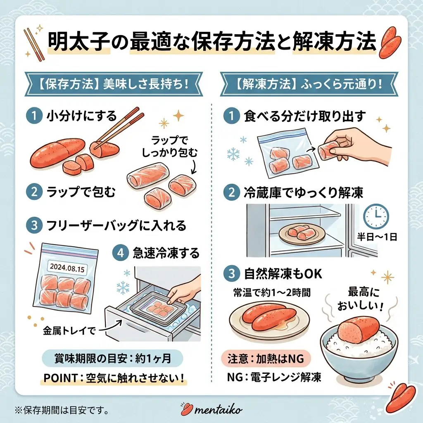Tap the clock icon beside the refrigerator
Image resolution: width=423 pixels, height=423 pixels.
(x=376, y=216)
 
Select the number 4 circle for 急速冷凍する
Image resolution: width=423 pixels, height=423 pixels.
(x=120, y=253)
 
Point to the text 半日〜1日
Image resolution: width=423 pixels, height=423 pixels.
(x=377, y=237)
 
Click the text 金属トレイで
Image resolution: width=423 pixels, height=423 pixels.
(x=69, y=331)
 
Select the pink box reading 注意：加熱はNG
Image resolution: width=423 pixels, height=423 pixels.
(x=266, y=359)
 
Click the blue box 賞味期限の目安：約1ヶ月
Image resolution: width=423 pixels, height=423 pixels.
(x=112, y=359)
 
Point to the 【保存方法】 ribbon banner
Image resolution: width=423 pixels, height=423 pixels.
(x=114, y=84)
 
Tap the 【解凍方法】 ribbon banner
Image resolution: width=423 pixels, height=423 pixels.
(x=309, y=84)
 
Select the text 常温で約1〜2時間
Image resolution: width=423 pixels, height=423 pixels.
(x=272, y=292)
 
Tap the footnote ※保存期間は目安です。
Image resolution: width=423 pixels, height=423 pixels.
(x=62, y=410)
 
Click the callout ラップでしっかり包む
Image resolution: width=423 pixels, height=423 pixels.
(x=170, y=147)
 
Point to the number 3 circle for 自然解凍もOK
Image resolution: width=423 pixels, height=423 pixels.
(x=232, y=273)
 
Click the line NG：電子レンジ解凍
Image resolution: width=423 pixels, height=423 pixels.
(x=274, y=377)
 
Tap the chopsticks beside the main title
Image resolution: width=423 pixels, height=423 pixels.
(x=34, y=45)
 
